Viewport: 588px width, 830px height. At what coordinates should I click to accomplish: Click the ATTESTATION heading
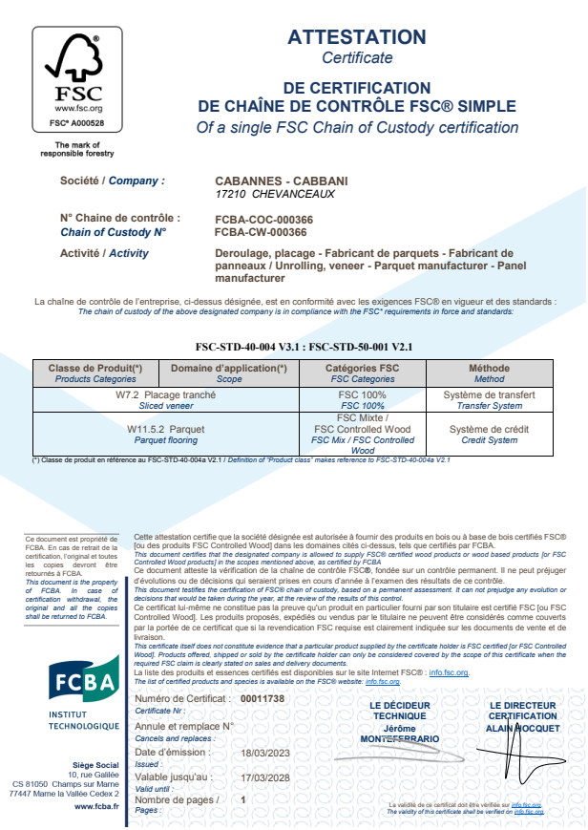point(357,37)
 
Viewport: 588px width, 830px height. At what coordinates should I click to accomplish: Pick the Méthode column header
point(489,368)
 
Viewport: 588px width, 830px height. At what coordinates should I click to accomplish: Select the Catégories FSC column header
point(363,368)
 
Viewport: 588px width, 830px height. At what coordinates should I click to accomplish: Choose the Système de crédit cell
point(489,430)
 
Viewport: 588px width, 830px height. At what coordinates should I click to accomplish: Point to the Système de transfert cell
point(489,394)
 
